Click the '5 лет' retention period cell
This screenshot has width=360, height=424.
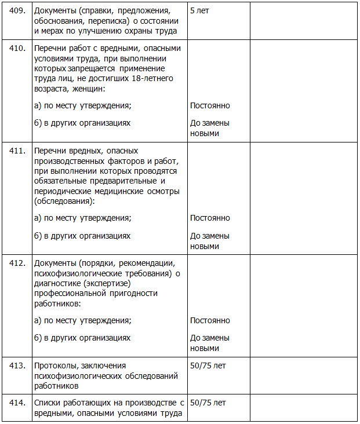point(199,11)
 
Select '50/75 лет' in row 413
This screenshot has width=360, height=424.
point(208,365)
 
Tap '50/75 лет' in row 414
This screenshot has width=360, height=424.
point(208,402)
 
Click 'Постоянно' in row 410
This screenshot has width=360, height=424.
point(210,105)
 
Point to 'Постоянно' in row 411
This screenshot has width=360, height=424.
point(210,218)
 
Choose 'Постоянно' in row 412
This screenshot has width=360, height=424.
point(210,320)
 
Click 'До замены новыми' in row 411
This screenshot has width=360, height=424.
point(210,241)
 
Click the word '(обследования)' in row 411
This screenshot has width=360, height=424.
point(64,200)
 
